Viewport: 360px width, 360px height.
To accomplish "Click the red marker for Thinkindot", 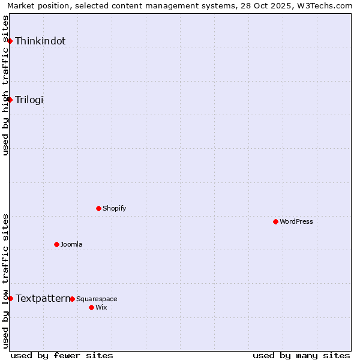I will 10,41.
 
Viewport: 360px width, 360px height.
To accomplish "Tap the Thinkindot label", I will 40,41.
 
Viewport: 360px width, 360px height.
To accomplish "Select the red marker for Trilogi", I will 10,100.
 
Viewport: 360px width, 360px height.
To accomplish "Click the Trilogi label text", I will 29,100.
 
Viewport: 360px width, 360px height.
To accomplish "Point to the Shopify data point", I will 98,208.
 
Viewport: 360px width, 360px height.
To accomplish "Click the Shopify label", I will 114,208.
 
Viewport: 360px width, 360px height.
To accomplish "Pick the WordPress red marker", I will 275,221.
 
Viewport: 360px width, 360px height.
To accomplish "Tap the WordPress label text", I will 296,221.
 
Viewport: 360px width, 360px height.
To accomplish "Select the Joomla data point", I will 56,244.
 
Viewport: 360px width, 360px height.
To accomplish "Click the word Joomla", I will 71,244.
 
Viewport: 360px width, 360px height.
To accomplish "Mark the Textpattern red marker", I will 10,298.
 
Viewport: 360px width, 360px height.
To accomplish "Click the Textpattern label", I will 43,298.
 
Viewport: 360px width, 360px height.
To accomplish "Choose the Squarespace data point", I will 72,299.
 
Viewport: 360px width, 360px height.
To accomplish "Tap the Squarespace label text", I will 97,299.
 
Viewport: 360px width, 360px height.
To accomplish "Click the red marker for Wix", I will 91,307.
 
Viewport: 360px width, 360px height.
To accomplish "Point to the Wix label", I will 101,307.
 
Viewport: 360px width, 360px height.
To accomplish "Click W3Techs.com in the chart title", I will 325,5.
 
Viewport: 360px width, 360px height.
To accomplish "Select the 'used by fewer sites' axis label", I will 62,355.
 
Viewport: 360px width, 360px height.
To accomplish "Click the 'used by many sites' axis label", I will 301,355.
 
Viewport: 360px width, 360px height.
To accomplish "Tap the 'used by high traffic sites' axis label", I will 5,85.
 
